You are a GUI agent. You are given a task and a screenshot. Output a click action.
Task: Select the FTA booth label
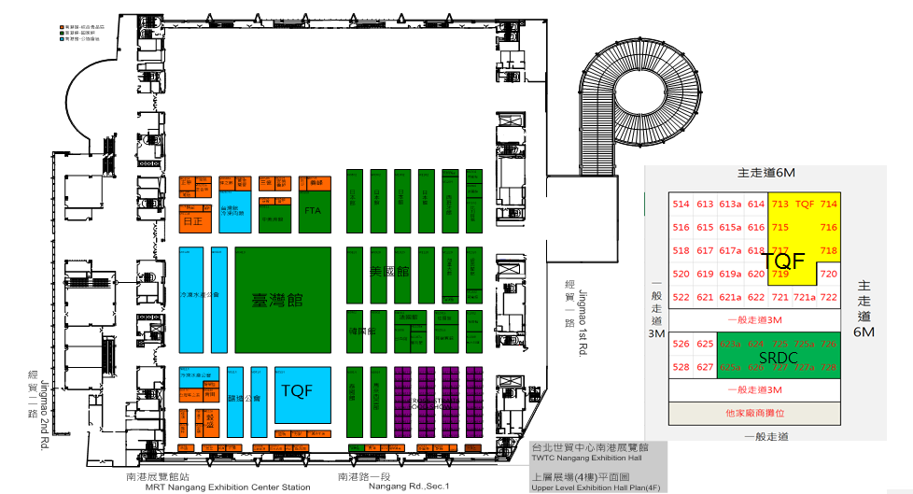point(313,211)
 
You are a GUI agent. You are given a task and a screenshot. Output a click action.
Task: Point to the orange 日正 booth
point(193,222)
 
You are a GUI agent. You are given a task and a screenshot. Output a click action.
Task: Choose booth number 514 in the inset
point(681,204)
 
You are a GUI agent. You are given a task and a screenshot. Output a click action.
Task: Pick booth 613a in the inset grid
point(730,204)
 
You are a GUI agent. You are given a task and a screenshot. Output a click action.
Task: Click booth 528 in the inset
point(681,367)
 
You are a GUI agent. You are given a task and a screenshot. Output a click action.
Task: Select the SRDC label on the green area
point(777,357)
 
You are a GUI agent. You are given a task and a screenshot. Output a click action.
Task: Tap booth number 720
point(828,274)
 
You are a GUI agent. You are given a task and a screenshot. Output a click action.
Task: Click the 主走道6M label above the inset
point(765,173)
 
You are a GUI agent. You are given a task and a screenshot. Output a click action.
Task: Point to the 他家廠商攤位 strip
point(755,412)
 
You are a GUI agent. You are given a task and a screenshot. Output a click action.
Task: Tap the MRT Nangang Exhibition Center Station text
point(218,487)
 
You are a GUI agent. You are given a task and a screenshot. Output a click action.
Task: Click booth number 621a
point(730,297)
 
